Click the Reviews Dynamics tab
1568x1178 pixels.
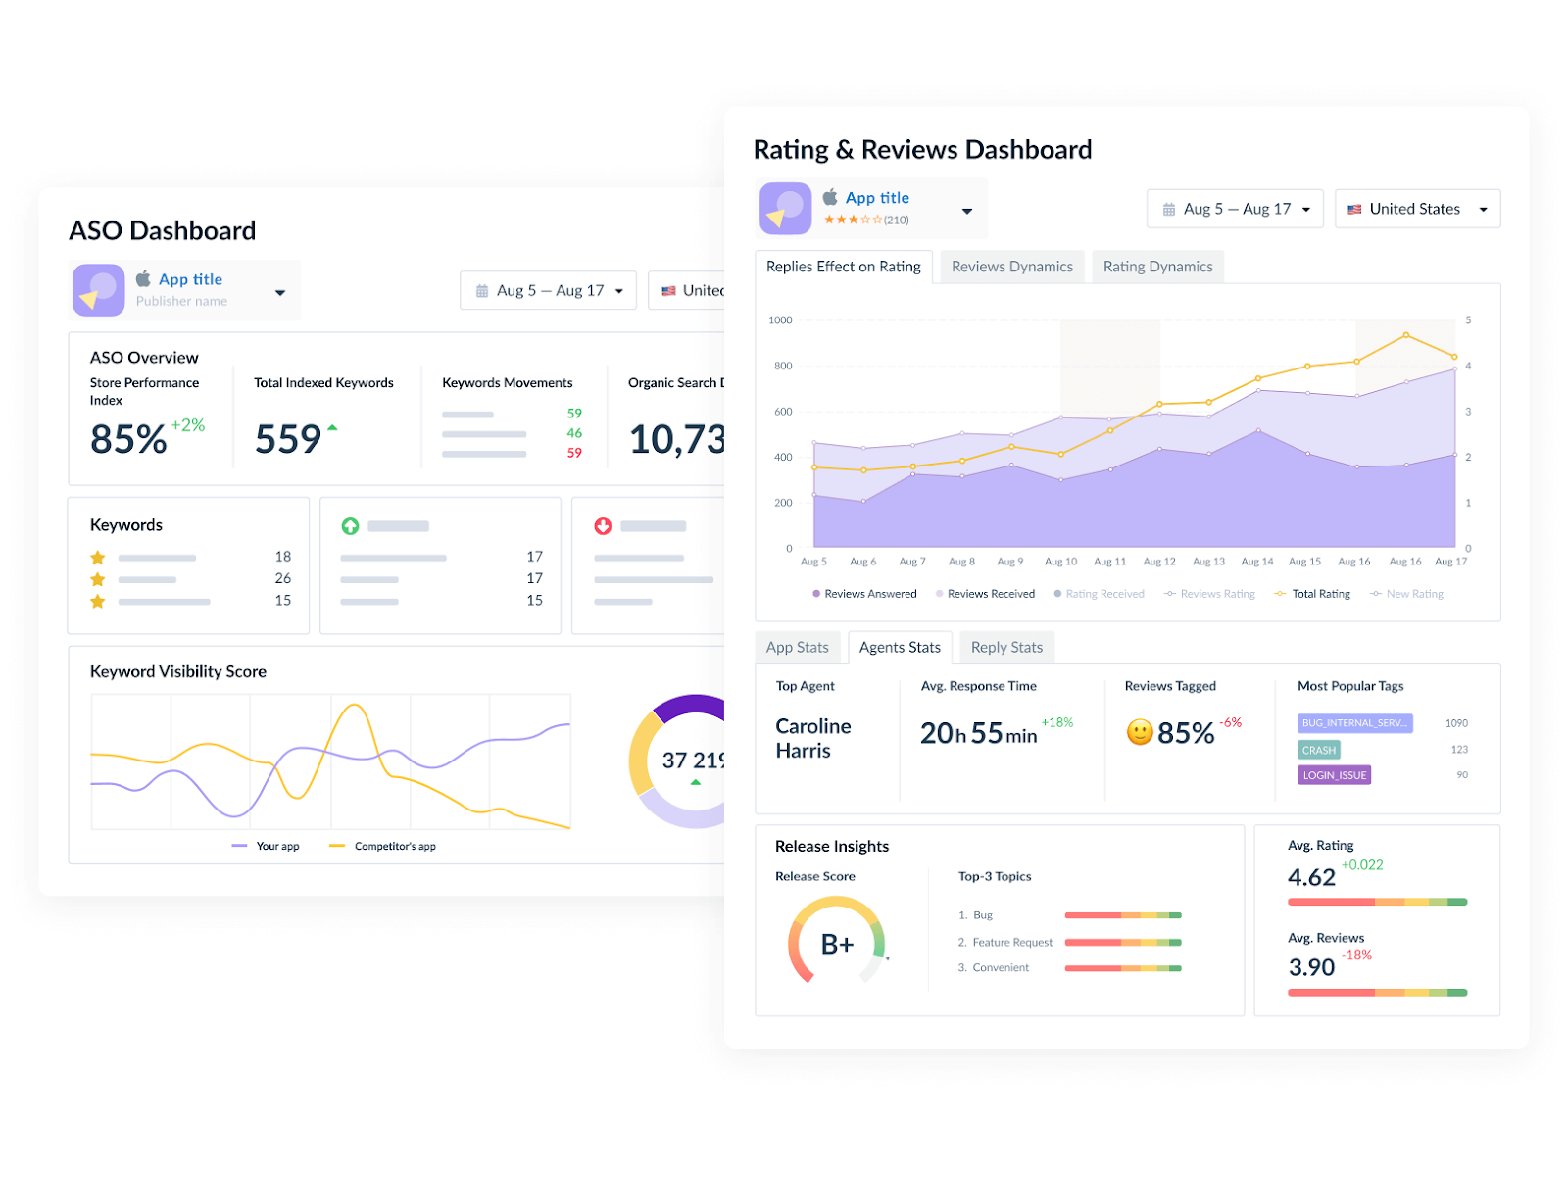(1011, 267)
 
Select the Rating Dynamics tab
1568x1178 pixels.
(1157, 267)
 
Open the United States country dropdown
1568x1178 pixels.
(1417, 209)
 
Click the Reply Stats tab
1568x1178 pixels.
(1006, 648)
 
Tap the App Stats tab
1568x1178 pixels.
(797, 648)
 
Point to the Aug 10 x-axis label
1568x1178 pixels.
(1060, 562)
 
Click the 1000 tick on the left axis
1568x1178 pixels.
(780, 320)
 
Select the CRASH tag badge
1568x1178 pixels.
(1318, 750)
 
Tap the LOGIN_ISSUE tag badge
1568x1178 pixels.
(1334, 775)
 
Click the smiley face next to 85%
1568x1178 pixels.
(1139, 732)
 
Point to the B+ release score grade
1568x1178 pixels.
(837, 944)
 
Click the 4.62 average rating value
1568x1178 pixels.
(1311, 877)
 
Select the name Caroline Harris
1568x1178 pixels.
(812, 738)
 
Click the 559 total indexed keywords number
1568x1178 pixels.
(288, 439)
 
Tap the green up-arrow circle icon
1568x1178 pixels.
(350, 526)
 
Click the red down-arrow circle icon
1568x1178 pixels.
(603, 526)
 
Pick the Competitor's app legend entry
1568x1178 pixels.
(394, 846)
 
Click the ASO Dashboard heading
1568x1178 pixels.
(163, 230)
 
